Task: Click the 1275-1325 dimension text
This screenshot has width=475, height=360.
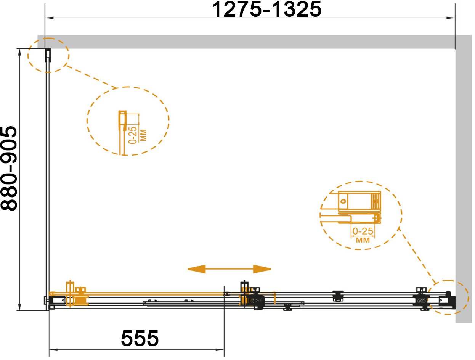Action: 266,9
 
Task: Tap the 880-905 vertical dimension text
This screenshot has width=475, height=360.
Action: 9,168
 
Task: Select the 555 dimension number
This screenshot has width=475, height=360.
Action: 140,338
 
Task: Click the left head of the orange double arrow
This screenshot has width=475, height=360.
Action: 196,269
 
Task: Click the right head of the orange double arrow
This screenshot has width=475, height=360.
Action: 262,269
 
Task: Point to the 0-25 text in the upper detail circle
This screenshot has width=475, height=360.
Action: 133,135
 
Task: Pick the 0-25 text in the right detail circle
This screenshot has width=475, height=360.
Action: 363,231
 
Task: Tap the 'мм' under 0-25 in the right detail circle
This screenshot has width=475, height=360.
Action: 363,240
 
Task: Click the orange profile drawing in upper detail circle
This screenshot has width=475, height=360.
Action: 122,132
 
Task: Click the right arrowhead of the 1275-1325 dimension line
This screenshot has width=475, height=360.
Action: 451,18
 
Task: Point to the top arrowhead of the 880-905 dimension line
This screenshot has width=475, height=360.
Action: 20,53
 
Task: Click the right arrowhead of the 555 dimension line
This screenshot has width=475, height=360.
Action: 220,350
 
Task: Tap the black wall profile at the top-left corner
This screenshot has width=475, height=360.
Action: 48,55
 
